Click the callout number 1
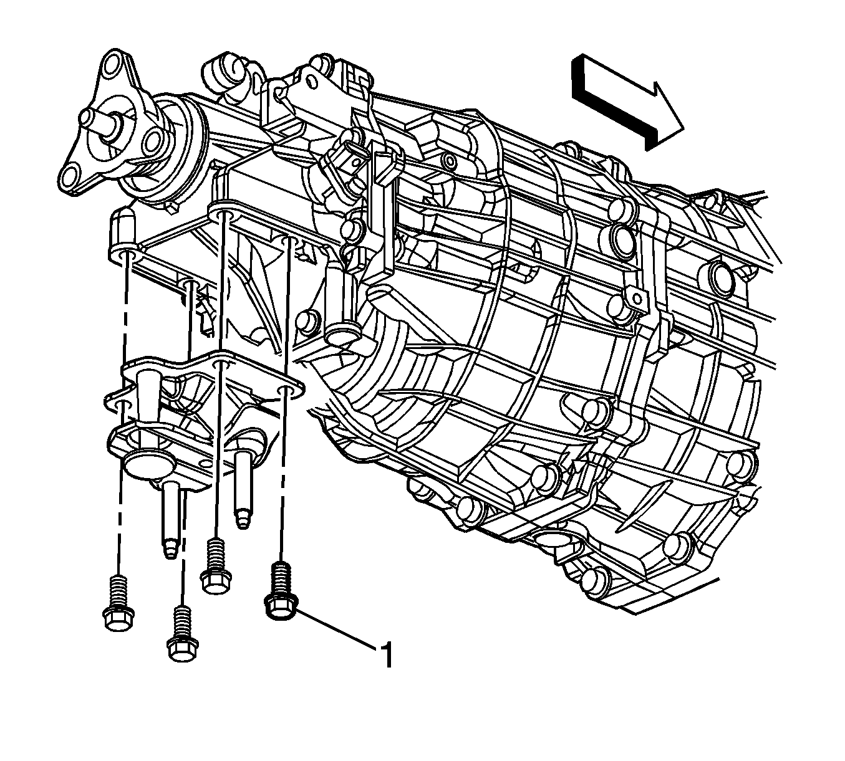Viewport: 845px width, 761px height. coord(386,654)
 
